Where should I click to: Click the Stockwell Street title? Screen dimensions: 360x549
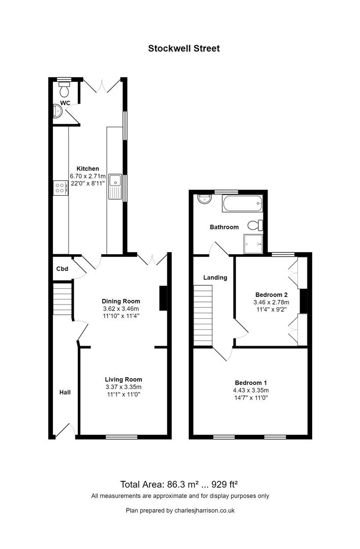coord(184,48)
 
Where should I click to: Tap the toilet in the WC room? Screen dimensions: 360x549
coord(64,89)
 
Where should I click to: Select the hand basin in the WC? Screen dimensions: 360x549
coord(57,111)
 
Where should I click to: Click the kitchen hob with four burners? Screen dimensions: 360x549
coord(61,188)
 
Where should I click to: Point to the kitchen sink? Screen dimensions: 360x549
coord(115,186)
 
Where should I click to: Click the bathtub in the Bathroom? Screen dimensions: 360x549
coord(242,203)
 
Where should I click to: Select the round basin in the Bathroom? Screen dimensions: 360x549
coord(204,199)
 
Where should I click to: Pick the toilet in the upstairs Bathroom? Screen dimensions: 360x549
coord(255,225)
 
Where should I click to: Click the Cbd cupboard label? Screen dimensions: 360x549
coord(63,269)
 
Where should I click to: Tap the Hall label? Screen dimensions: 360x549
coord(65,392)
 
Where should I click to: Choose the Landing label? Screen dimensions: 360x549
coord(216,278)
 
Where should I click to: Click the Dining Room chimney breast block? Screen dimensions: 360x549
coord(163,298)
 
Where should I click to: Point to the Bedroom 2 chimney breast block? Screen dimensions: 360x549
coord(303,301)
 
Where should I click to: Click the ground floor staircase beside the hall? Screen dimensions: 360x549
coord(63,299)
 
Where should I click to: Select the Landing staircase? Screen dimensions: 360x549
coord(203,315)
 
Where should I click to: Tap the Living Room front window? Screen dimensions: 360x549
coord(122,437)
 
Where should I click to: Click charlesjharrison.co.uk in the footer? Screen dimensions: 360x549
coord(204,510)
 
